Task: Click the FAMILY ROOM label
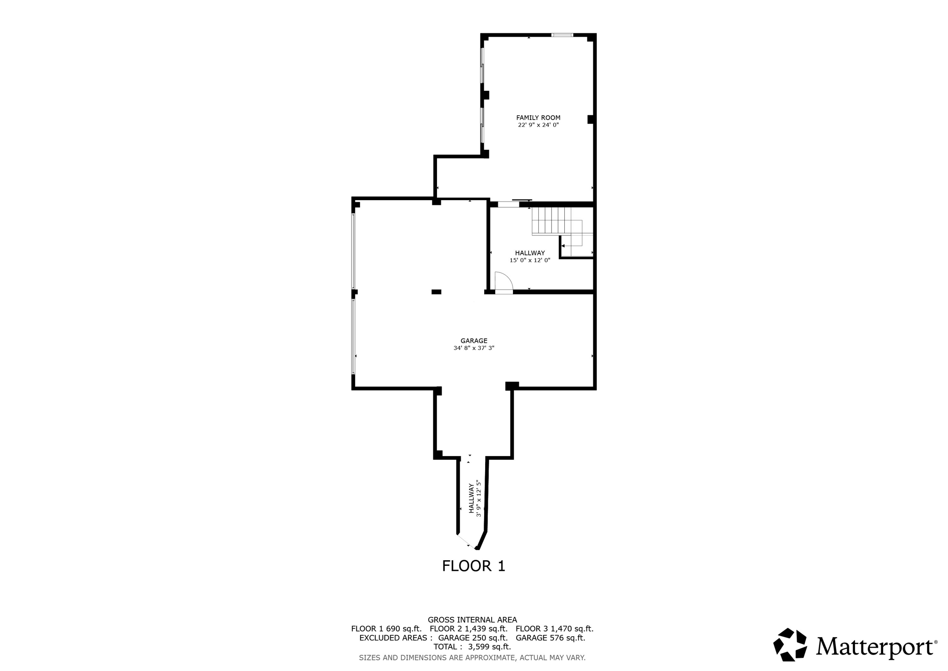point(538,118)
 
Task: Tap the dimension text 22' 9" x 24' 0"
point(538,125)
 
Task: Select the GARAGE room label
point(474,341)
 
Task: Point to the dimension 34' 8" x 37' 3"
point(474,348)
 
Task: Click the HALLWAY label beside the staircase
point(530,253)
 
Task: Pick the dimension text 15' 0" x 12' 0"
point(530,260)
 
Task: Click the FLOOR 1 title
point(473,566)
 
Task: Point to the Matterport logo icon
point(790,644)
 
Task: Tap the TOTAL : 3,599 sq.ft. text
point(472,647)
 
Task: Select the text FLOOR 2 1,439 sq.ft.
point(468,629)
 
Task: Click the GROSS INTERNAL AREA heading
point(472,620)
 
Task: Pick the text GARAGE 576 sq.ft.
point(550,638)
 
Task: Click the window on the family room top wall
point(562,35)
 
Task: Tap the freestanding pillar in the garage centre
point(436,292)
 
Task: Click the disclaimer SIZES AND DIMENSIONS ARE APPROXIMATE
point(472,658)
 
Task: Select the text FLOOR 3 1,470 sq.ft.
point(554,629)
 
